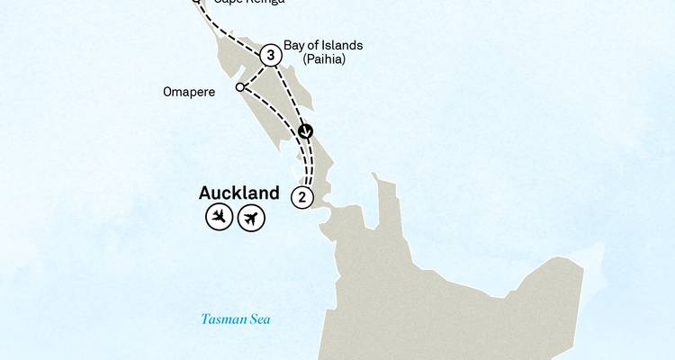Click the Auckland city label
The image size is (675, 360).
pyautogui.click(x=238, y=193)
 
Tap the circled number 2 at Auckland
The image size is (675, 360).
pyautogui.click(x=302, y=197)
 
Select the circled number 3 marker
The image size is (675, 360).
pyautogui.click(x=270, y=56)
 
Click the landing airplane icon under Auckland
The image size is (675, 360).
pyautogui.click(x=219, y=217)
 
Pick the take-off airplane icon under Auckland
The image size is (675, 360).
pyautogui.click(x=251, y=217)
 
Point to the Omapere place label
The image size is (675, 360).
pyautogui.click(x=190, y=92)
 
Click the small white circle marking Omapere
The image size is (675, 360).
pyautogui.click(x=239, y=87)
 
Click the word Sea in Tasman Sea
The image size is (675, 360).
pyautogui.click(x=260, y=319)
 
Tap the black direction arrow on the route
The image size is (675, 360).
pyautogui.click(x=306, y=131)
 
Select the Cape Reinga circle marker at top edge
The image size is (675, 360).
pyautogui.click(x=196, y=2)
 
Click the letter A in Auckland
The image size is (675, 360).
pyautogui.click(x=206, y=193)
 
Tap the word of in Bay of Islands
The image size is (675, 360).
pyautogui.click(x=313, y=45)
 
